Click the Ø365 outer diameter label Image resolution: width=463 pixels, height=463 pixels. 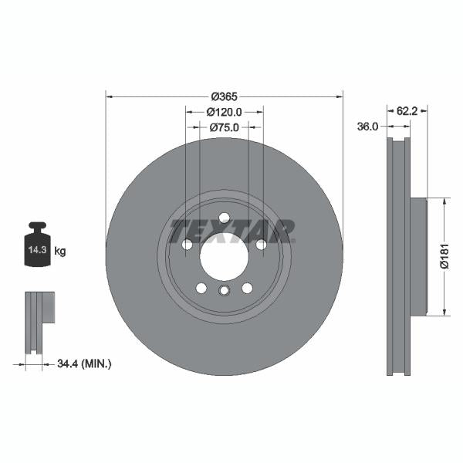coord(224,96)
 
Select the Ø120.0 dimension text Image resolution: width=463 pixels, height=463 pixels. coord(224,112)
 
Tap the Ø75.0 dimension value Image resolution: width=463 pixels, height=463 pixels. coord(224,127)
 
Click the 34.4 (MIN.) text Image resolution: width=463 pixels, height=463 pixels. coord(85,363)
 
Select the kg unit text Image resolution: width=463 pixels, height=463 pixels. coord(60,252)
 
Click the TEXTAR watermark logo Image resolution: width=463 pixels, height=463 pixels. coord(232,231)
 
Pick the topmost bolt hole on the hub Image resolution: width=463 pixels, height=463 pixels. coord(224,218)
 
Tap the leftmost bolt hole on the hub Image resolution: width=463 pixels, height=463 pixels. coord(187,245)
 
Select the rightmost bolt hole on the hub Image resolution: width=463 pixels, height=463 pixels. coord(261,245)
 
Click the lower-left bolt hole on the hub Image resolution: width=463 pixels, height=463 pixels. coord(201,288)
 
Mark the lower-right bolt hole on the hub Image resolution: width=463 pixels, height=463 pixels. coord(247,288)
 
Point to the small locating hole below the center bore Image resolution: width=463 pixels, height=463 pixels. coord(224,291)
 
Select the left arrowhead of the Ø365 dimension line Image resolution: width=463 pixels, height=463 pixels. coord(109,96)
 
